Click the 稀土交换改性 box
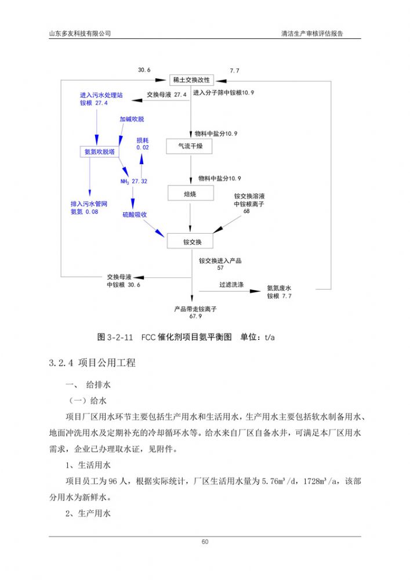(192, 80)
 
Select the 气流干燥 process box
(190, 146)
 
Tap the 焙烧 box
(190, 194)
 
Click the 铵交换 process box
(190, 241)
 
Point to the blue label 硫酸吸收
(134, 215)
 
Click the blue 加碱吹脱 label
(132, 119)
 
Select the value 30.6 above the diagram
(144, 70)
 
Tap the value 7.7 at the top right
(234, 71)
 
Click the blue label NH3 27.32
(133, 182)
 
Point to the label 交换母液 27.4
(166, 94)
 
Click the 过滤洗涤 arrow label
(231, 285)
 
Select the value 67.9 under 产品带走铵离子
(195, 317)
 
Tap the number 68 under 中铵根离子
(247, 211)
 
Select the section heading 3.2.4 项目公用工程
(93, 364)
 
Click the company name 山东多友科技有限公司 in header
(79, 33)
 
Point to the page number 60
(205, 542)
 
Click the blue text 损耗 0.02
(143, 144)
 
